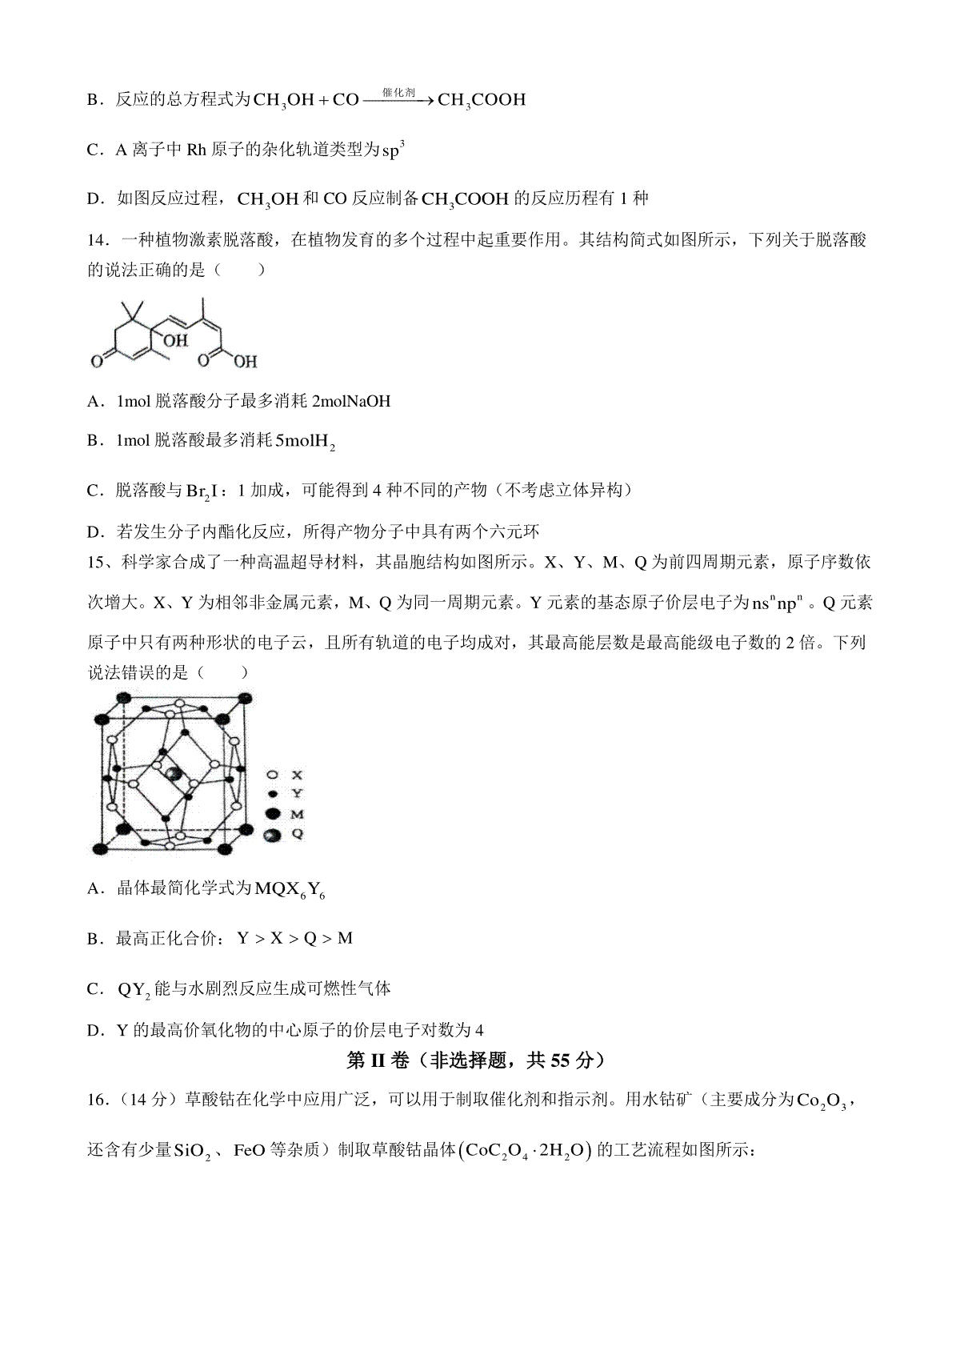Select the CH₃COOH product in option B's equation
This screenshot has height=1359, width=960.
482,101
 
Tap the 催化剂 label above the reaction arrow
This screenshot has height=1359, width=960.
398,92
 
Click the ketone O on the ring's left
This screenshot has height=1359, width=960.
96,362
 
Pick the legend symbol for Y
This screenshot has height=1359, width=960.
274,793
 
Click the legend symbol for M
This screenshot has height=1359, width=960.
274,814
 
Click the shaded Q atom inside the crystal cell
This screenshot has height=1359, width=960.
173,774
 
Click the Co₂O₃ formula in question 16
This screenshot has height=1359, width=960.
826,1101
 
